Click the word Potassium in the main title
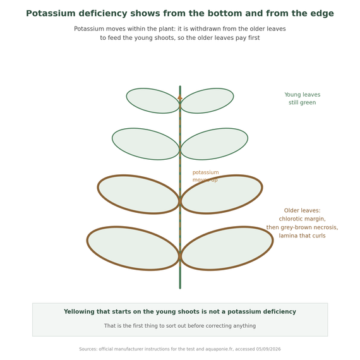click(x=51, y=13)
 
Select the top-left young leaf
click(x=153, y=100)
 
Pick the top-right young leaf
click(x=207, y=100)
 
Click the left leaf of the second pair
click(x=145, y=144)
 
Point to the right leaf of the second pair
click(x=215, y=144)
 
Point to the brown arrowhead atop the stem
click(x=180, y=97)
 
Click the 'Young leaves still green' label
click(x=302, y=99)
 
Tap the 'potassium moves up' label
click(x=205, y=176)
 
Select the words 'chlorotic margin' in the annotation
click(x=302, y=219)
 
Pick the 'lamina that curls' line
click(x=302, y=236)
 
